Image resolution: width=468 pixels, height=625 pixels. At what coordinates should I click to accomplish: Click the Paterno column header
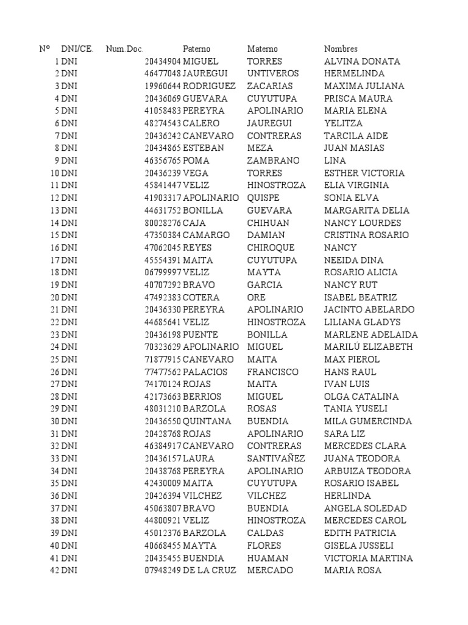pos(196,49)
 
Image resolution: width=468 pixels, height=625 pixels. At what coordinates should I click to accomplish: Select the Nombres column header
pos(341,49)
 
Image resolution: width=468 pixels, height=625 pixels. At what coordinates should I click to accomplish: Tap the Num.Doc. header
pos(124,49)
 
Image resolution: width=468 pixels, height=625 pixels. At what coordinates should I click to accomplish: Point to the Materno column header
pos(262,49)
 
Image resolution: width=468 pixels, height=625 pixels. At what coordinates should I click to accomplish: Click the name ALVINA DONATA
pos(362,62)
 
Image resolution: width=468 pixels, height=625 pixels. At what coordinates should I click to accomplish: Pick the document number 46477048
pos(163,74)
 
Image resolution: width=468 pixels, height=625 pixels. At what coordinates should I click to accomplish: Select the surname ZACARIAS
pos(270,86)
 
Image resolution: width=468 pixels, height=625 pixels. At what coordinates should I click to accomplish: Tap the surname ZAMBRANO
pos(273,161)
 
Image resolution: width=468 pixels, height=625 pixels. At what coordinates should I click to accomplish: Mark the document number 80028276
pos(163,223)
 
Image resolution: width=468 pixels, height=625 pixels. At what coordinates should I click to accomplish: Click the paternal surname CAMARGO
pos(206,235)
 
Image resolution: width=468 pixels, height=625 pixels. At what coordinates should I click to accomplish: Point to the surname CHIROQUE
pos(271,248)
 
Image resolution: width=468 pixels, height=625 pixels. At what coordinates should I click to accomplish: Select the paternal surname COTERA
pos(201,297)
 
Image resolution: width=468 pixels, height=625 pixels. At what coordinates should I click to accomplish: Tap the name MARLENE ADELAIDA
pos(371,334)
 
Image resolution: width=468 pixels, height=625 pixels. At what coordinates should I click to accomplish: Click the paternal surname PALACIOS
pos(205,372)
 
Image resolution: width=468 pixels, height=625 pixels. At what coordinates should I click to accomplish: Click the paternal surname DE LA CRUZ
pos(208,570)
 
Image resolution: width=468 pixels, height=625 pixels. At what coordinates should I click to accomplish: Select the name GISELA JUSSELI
pos(359,546)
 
